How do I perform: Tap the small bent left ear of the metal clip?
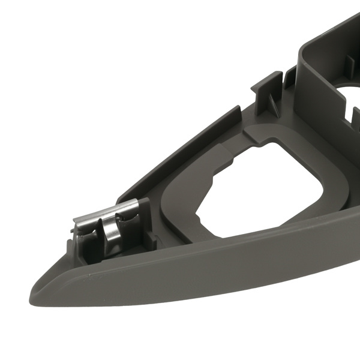coord(78,228)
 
